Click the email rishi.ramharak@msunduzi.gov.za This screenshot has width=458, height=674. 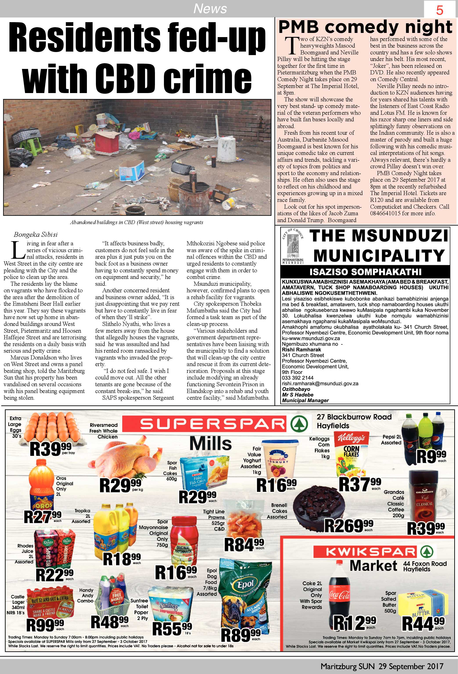pyautogui.click(x=320, y=383)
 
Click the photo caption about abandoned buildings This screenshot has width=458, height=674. pyautogui.click(x=137, y=223)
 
